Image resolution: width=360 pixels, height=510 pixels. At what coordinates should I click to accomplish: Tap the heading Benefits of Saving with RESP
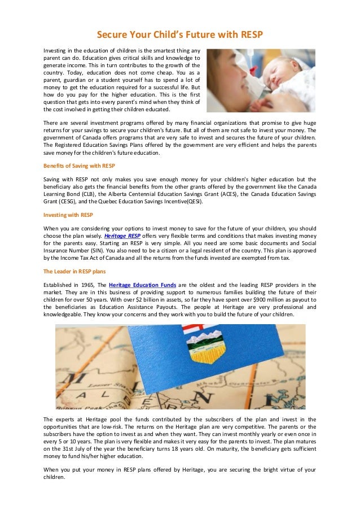(79, 165)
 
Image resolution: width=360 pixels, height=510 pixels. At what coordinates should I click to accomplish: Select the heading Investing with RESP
(68, 215)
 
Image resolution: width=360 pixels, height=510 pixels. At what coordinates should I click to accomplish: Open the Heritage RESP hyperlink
(122, 236)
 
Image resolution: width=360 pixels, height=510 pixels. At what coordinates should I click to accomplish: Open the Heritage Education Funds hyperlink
(142, 285)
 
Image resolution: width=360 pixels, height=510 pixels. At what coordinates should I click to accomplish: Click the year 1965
(84, 285)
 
